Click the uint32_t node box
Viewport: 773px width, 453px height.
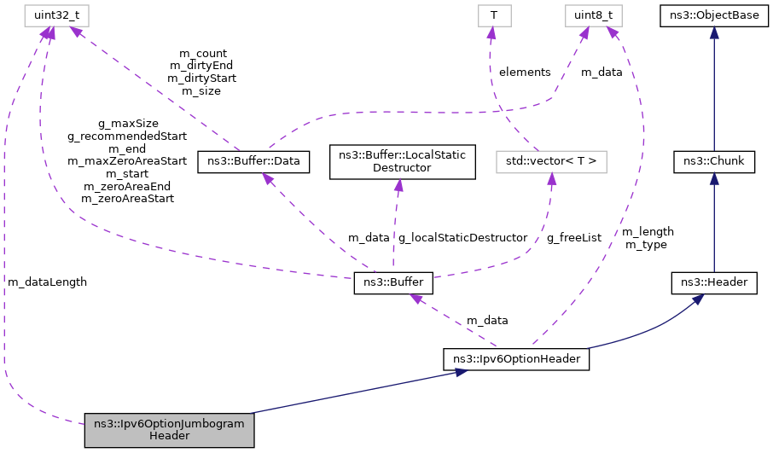44,15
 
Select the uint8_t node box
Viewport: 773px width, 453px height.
593,15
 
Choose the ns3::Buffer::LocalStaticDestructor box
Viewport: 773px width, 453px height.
402,161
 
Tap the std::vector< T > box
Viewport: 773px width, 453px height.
551,160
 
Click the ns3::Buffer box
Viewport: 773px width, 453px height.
394,283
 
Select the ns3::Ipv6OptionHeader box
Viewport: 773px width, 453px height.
517,359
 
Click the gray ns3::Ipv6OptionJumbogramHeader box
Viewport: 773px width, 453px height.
169,429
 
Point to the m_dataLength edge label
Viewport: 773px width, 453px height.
47,282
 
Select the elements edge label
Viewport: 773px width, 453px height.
525,73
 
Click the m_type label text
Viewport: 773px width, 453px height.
647,245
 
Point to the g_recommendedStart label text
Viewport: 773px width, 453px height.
127,135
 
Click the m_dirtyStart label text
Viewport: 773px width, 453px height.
202,78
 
